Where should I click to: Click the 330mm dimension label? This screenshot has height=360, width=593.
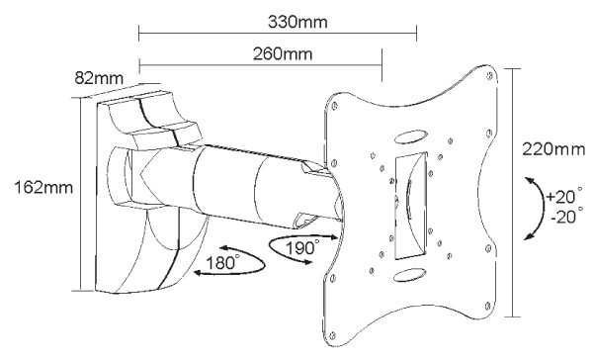pos(297,23)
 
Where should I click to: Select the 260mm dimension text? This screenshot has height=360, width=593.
pos(283,54)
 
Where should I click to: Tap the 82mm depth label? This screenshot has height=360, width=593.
pos(99,78)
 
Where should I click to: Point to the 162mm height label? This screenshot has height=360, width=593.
pos(43,187)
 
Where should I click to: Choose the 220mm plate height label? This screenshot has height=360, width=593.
pos(553,149)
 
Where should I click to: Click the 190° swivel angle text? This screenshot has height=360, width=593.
pos(301,247)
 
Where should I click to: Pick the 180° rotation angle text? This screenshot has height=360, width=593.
pos(222,262)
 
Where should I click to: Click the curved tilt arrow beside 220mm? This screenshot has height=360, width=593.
pos(543,208)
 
